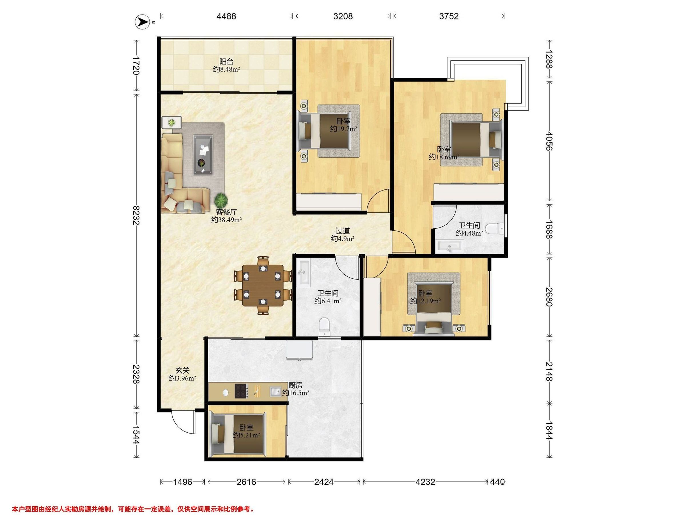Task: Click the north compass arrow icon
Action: click(x=142, y=22)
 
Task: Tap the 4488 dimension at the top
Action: click(x=226, y=16)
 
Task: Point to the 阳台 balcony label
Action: click(x=226, y=62)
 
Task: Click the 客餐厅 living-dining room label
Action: click(x=226, y=212)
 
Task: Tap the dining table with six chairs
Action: click(x=263, y=285)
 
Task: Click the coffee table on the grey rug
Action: click(x=203, y=154)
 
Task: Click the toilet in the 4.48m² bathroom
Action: click(x=495, y=229)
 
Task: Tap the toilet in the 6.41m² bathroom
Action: click(x=324, y=326)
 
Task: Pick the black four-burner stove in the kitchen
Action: click(x=241, y=391)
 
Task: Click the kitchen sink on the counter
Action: click(x=275, y=391)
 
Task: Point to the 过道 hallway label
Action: click(x=343, y=231)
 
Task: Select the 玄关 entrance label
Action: click(x=182, y=370)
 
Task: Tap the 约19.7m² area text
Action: click(x=343, y=128)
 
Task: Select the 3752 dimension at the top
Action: click(x=448, y=16)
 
